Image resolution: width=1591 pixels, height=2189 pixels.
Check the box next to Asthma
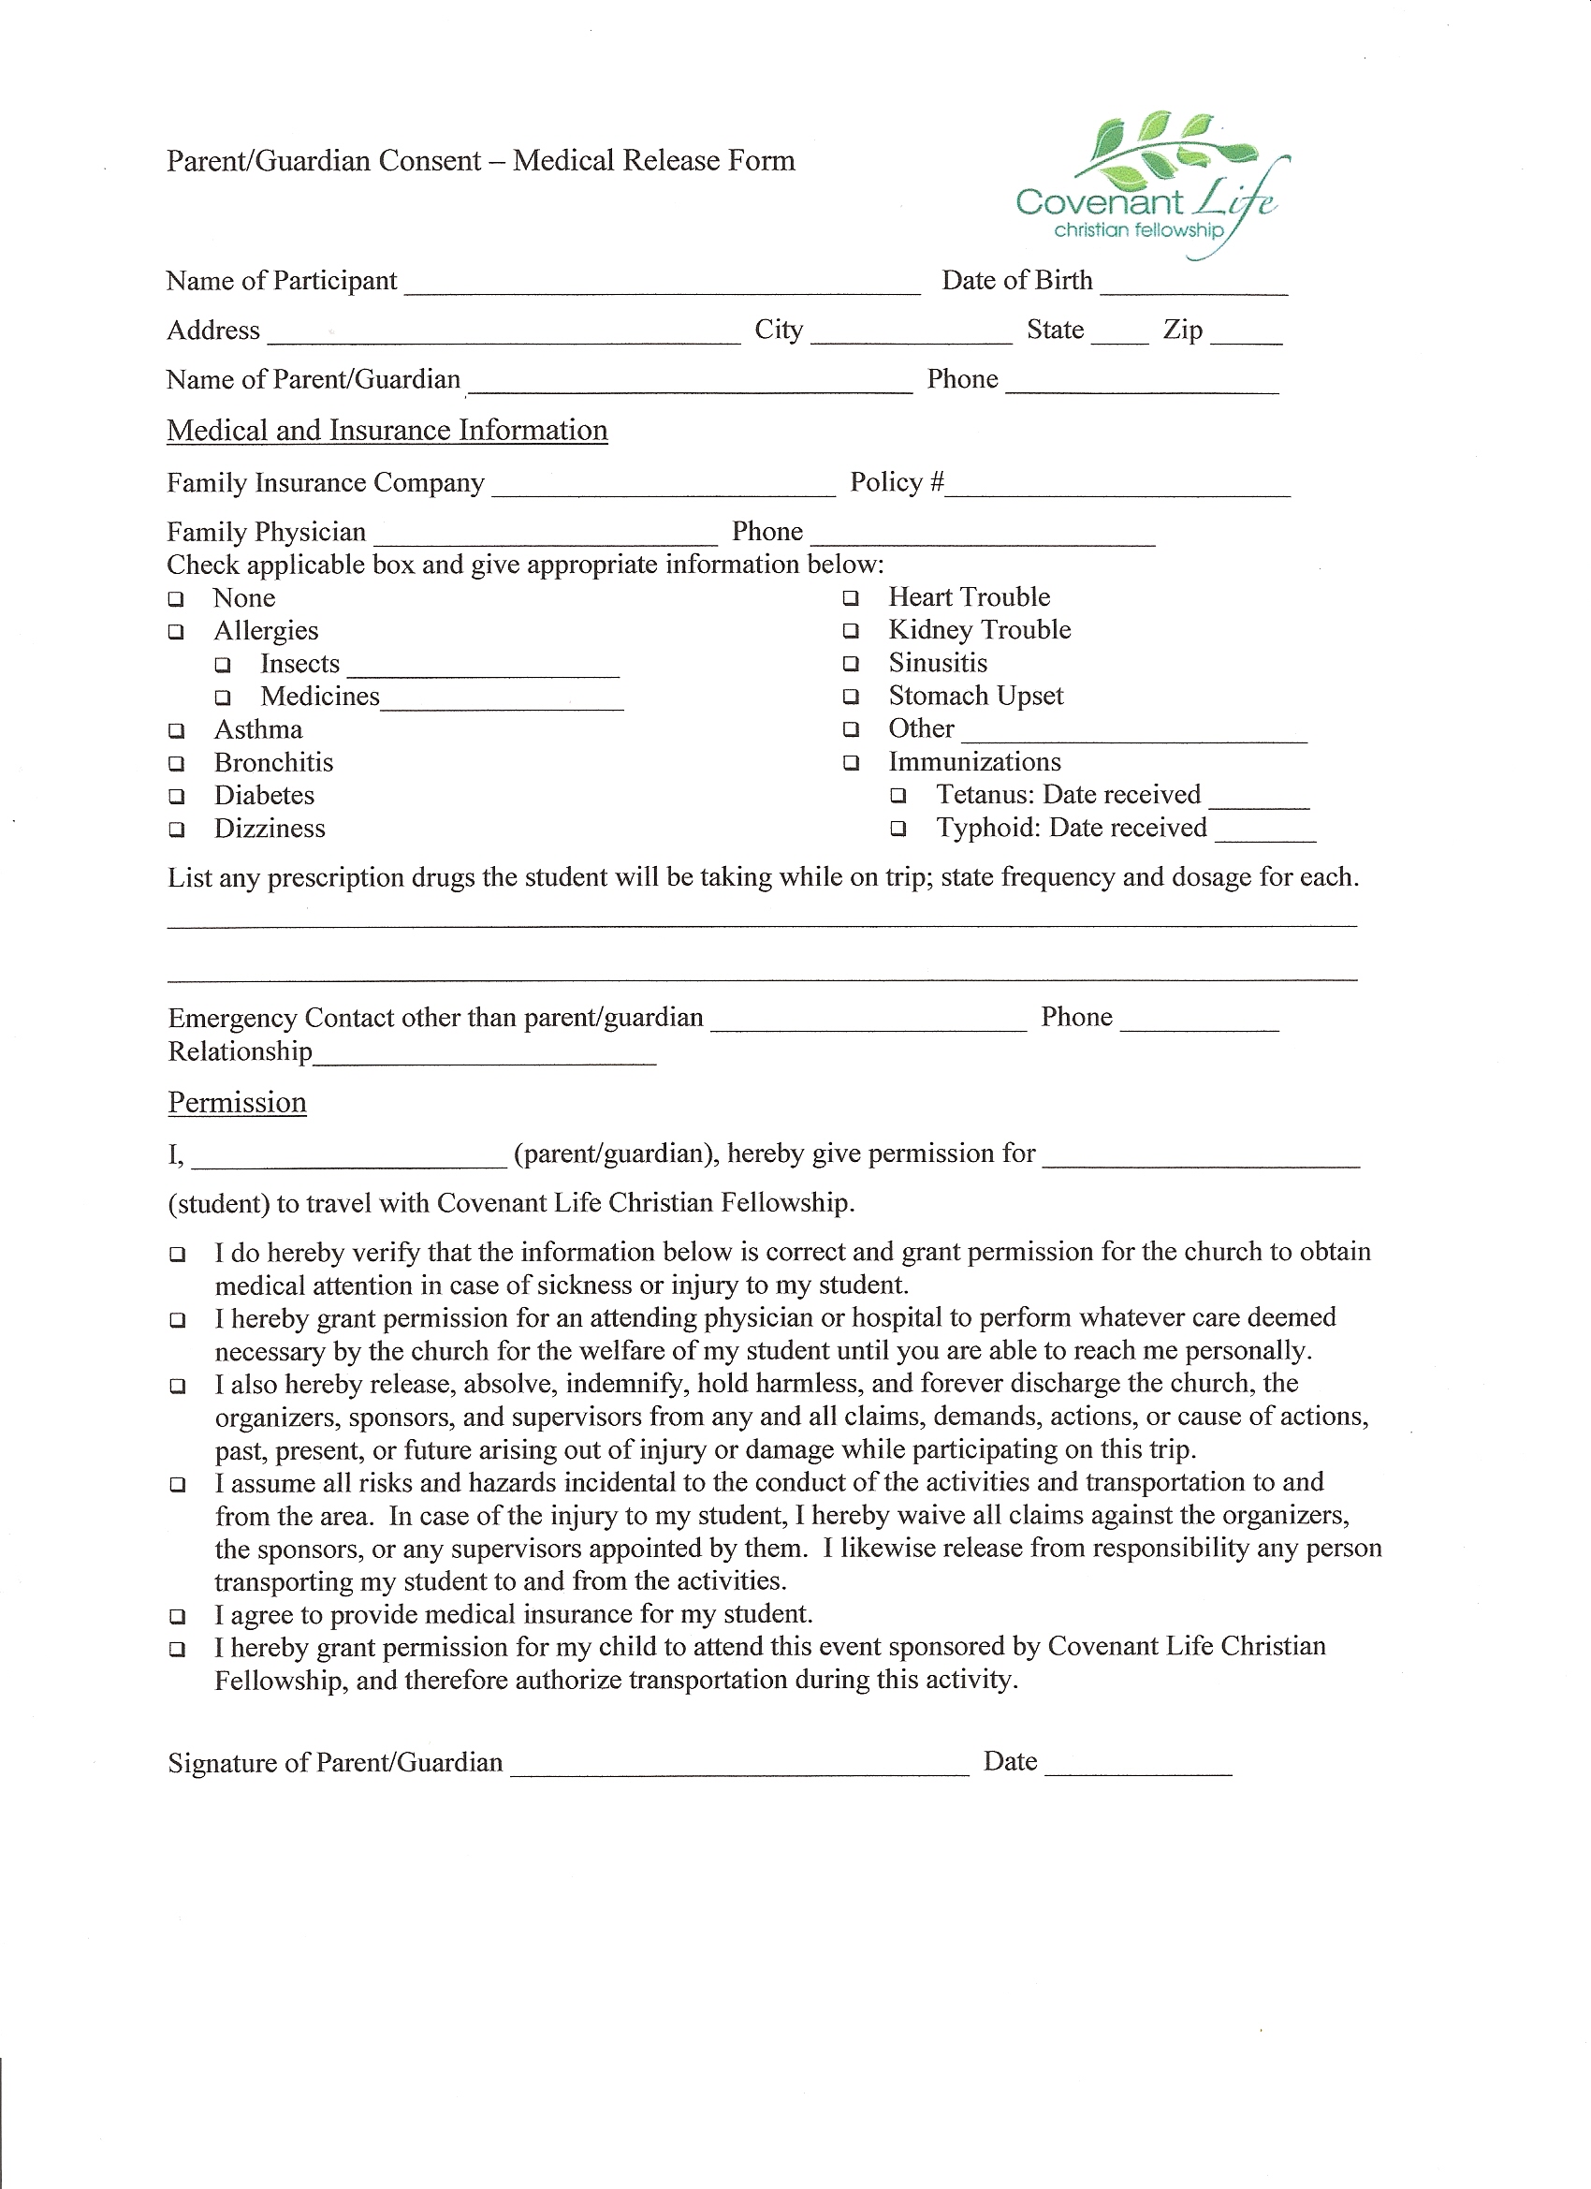[177, 731]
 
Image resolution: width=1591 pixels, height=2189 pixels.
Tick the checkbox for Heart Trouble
[851, 598]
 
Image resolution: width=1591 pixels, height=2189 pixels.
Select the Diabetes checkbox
[177, 797]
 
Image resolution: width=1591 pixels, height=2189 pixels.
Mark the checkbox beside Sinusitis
[851, 664]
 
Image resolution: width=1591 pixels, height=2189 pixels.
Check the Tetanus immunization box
[898, 796]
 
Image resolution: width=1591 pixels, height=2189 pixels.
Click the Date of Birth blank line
[1193, 288]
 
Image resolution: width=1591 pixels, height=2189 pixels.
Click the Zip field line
[1246, 339]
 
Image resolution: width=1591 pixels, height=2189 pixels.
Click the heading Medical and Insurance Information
[387, 431]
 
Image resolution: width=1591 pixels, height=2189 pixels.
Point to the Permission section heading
[238, 1102]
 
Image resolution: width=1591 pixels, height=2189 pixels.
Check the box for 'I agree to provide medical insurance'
[178, 1616]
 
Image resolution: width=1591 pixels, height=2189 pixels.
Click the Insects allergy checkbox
[224, 665]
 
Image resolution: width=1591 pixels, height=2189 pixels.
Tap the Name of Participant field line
[663, 288]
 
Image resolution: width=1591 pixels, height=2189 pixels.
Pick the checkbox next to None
[177, 599]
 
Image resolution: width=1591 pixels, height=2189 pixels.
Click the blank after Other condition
[1133, 738]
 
